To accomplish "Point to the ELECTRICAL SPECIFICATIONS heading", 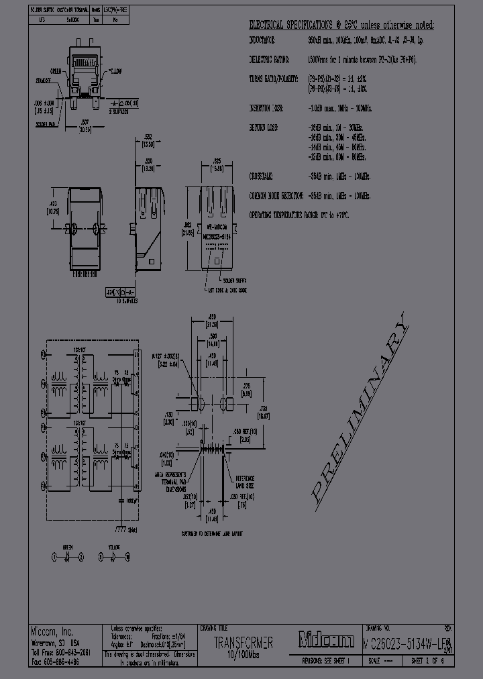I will [x=291, y=25].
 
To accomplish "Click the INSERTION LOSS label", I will [x=266, y=107].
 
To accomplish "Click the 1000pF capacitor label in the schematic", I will [x=127, y=500].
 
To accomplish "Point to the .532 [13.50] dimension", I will [x=148, y=142].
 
